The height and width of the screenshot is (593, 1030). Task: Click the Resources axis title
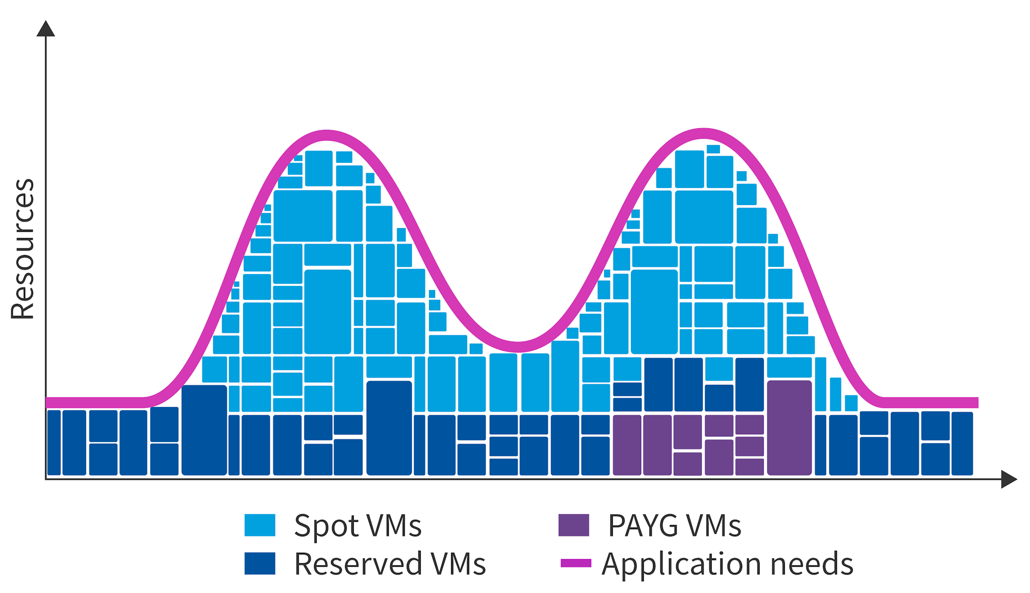[22, 249]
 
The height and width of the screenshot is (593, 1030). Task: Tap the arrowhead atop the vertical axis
[46, 29]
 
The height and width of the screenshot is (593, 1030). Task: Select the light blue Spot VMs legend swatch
[260, 526]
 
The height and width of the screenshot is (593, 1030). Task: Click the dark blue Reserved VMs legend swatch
[260, 564]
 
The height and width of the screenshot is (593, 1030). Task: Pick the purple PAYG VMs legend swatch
[574, 526]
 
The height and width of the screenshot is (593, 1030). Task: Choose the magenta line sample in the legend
[576, 563]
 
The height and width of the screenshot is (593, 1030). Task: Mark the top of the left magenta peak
[327, 135]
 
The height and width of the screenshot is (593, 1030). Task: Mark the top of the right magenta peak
[703, 133]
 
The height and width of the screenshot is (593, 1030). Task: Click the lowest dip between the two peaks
[518, 346]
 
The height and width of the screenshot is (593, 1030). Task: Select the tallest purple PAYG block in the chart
[789, 428]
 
